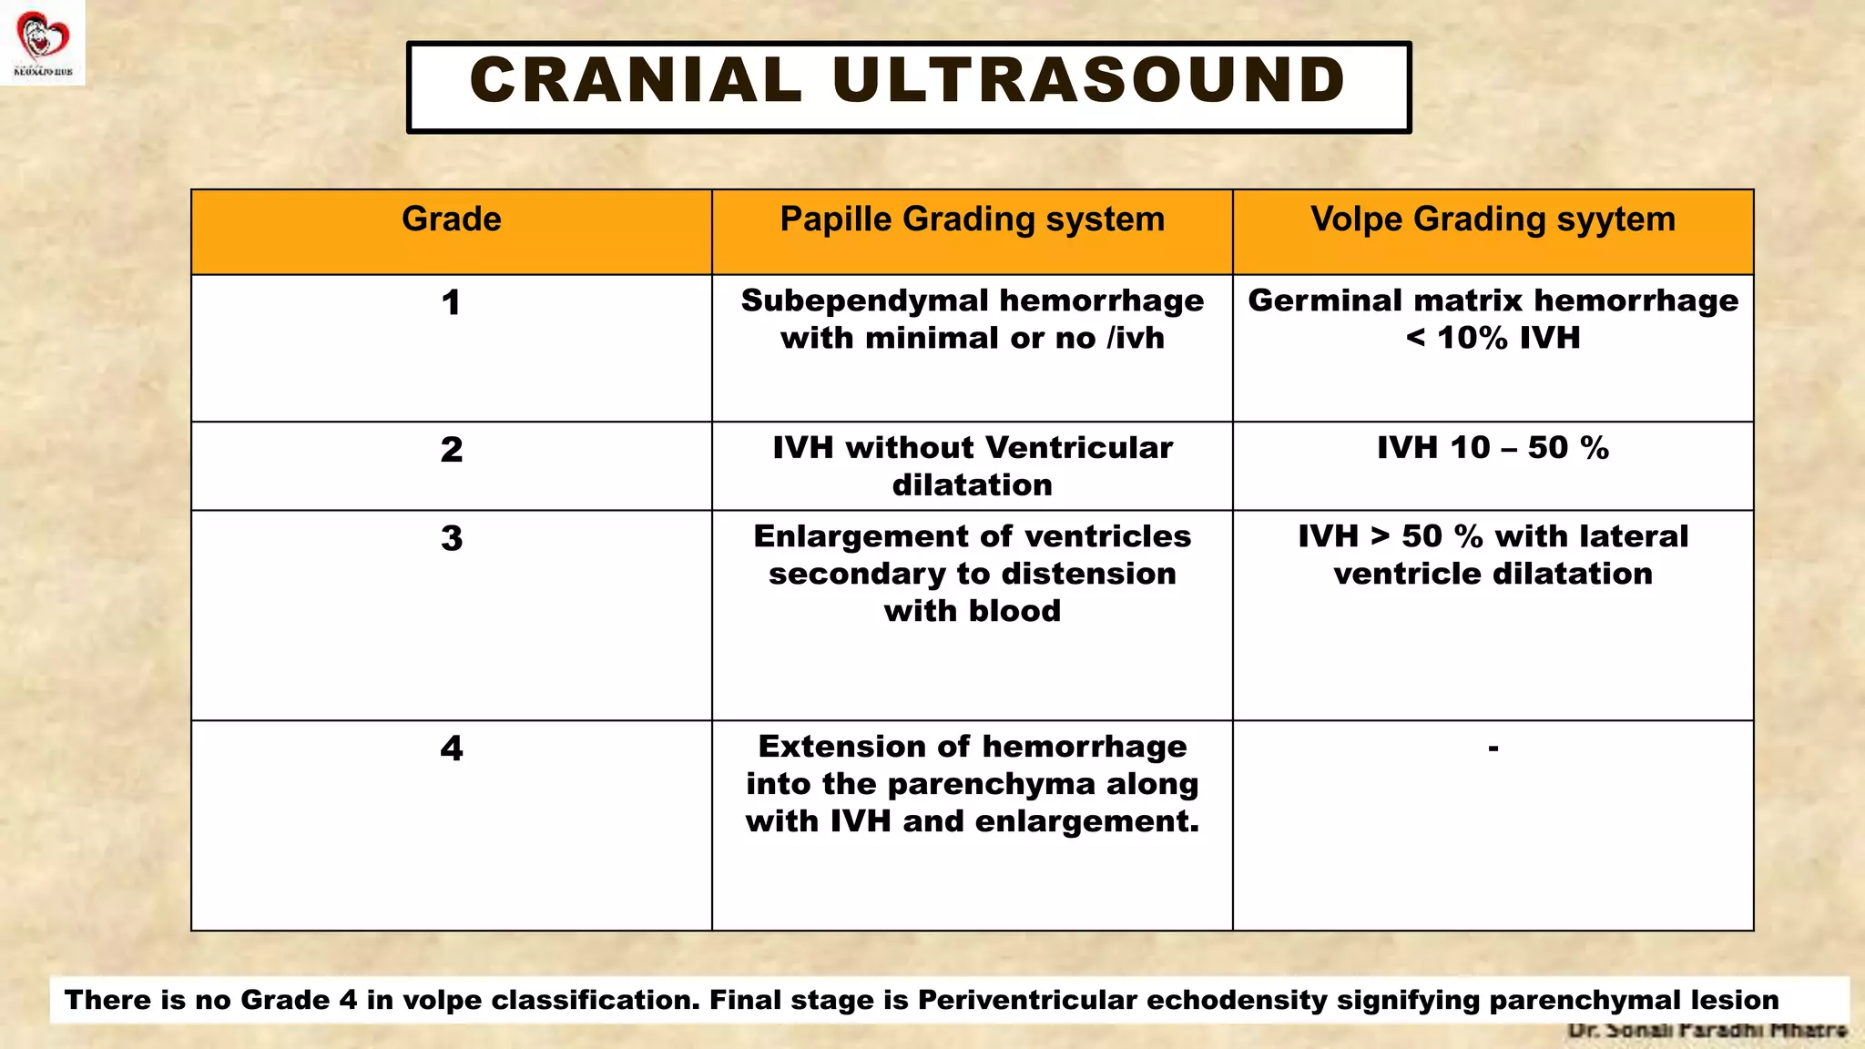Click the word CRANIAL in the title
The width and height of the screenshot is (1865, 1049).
[635, 80]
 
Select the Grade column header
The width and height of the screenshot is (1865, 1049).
[451, 219]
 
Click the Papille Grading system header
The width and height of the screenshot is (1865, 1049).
[972, 219]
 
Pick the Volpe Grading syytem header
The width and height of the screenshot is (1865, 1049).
[1493, 219]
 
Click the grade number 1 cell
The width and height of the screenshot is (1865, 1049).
[451, 303]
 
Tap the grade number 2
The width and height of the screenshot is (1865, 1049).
[451, 450]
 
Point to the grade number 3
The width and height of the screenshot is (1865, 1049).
[451, 538]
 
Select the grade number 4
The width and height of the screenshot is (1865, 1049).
[451, 749]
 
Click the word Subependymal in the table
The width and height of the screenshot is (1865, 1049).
[864, 300]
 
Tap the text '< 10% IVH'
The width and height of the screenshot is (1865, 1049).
[1493, 338]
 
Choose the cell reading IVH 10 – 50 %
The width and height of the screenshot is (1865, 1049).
[1493, 448]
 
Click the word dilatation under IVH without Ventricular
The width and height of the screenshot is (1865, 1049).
[972, 485]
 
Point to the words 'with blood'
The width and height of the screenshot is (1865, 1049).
[972, 611]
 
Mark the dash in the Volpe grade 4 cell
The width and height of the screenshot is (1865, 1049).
[1493, 749]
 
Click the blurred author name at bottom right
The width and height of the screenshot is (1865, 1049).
[1707, 1031]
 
